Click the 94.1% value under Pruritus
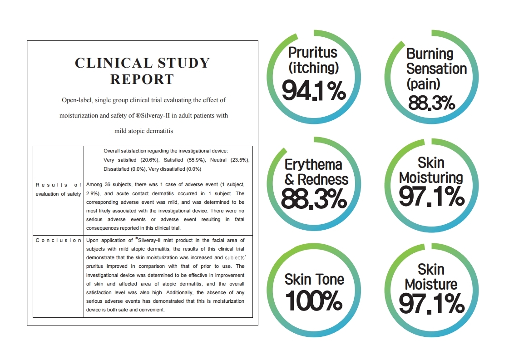[x=314, y=91]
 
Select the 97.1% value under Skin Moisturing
[x=431, y=197]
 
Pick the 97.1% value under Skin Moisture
[x=431, y=304]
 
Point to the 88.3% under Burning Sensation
[x=431, y=103]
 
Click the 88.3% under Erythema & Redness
[x=314, y=199]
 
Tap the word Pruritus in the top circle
[x=313, y=53]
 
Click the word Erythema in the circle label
[x=313, y=165]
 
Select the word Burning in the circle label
[x=430, y=54]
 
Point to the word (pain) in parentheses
[x=423, y=84]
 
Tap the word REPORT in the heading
[x=142, y=79]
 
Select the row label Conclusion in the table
[x=58, y=240]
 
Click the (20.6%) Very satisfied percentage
[x=150, y=160]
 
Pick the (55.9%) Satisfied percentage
[x=196, y=160]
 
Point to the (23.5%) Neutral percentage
[x=240, y=160]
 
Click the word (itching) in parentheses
[x=314, y=68]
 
